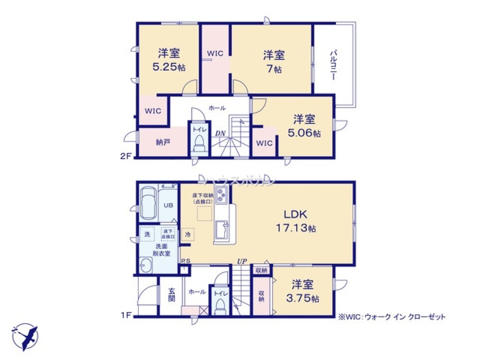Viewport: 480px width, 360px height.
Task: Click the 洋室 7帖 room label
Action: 274,61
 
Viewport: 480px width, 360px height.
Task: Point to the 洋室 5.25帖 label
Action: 168,60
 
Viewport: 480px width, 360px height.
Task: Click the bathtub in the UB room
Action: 149,204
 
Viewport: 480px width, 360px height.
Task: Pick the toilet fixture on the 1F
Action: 220,303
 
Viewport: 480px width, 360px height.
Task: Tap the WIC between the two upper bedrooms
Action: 215,54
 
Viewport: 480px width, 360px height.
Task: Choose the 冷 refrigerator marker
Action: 188,235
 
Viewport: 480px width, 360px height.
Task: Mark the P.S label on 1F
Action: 185,262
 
